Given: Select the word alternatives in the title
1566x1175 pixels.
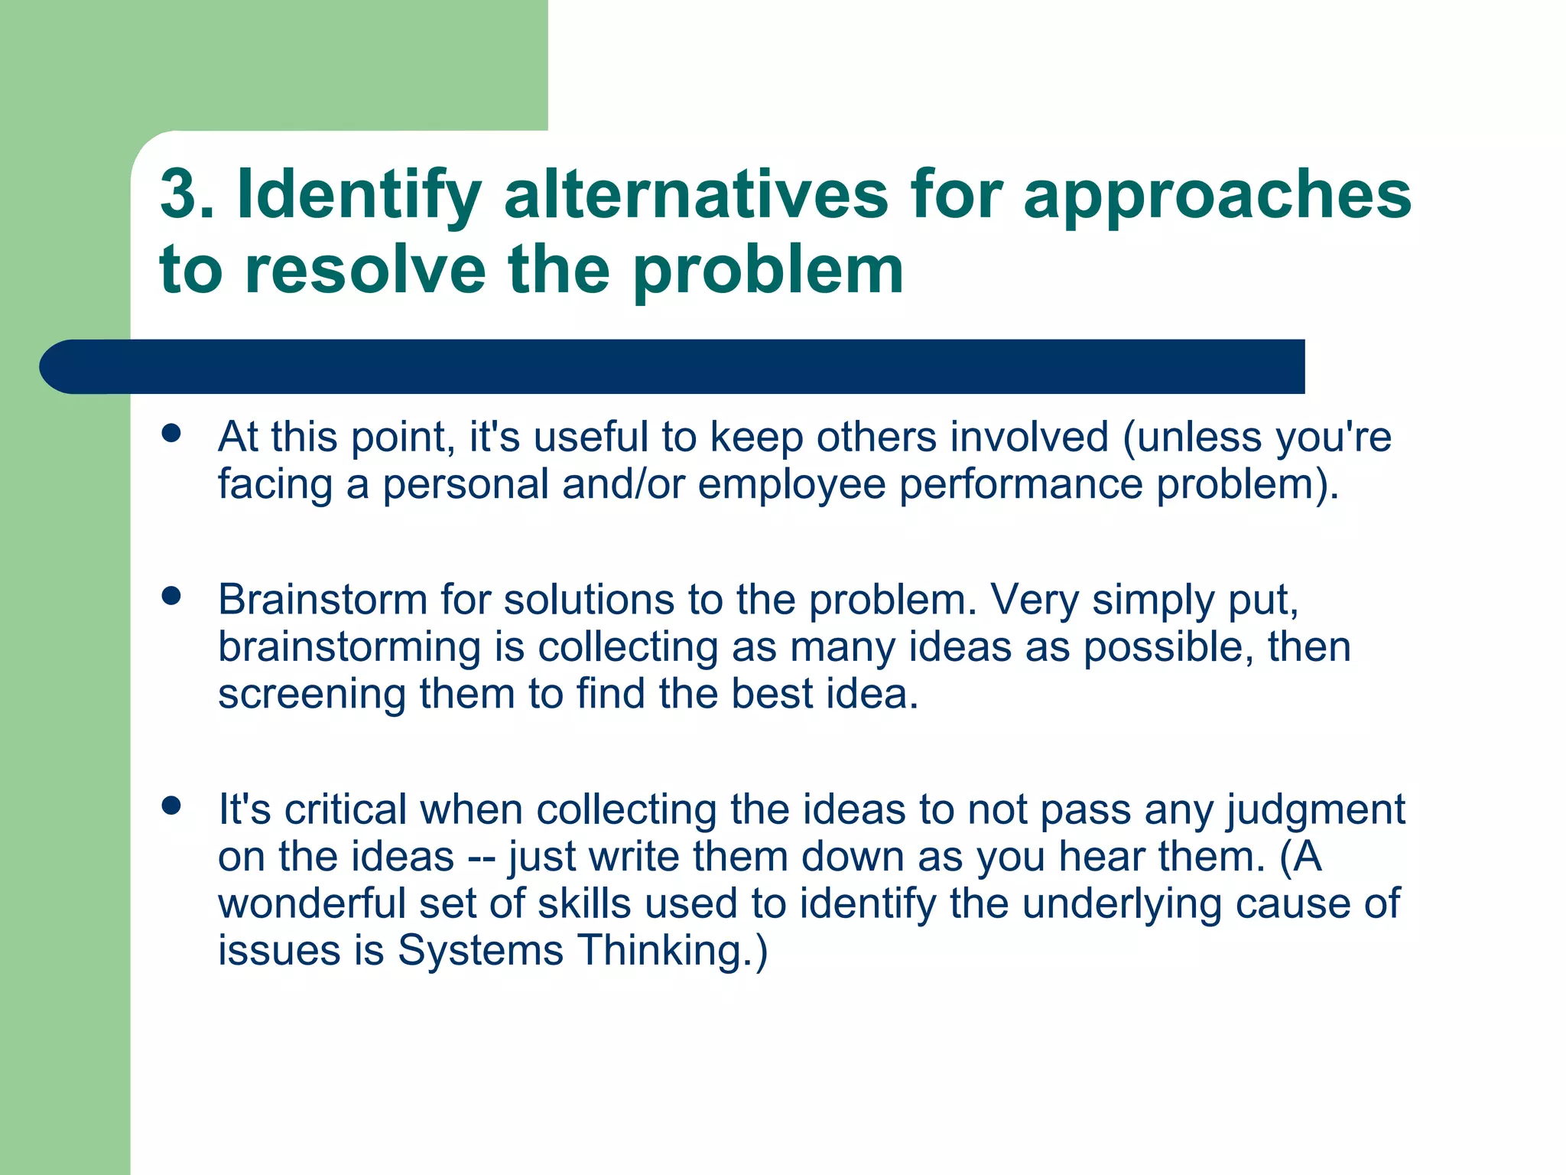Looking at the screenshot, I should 696,194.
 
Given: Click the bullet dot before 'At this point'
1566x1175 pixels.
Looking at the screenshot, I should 172,433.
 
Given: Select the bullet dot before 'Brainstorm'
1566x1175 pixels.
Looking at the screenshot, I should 172,596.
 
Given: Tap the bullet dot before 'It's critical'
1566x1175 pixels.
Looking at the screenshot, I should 172,805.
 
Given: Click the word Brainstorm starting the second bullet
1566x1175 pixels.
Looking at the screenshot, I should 322,599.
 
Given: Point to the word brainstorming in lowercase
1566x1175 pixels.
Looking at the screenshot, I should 349,648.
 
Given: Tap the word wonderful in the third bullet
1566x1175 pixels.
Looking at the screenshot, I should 311,903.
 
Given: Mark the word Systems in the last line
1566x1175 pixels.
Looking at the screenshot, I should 480,952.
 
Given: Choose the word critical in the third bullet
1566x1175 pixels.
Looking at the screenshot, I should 346,809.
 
